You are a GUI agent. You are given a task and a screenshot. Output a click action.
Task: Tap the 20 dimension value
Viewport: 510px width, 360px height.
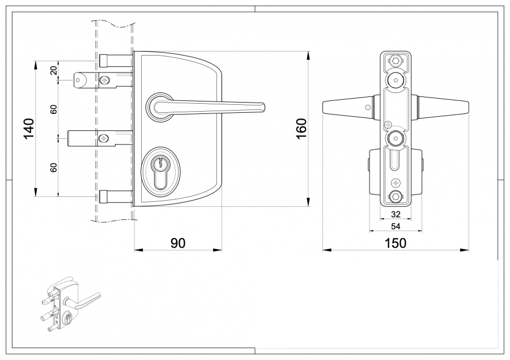53,70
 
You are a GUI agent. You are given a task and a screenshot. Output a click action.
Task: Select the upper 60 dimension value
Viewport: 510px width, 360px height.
53,109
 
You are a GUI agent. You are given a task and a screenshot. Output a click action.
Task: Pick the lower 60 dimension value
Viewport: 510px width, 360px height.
53,167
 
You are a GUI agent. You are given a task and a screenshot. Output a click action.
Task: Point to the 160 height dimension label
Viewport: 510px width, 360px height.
301,129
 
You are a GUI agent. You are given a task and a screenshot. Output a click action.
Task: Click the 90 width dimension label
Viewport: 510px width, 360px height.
178,243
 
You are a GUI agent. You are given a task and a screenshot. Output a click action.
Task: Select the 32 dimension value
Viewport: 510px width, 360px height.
396,214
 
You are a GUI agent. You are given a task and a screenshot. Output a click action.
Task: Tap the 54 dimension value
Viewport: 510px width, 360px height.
396,226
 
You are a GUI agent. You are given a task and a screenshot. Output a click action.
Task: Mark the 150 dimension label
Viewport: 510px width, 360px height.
396,243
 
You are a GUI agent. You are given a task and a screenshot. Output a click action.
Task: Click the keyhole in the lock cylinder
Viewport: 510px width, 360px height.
160,165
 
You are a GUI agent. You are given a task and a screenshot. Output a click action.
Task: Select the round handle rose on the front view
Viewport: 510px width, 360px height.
159,106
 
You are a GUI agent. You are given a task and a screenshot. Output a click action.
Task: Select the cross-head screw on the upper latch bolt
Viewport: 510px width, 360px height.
104,81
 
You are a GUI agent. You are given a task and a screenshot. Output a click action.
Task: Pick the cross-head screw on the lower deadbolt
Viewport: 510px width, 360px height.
104,138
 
